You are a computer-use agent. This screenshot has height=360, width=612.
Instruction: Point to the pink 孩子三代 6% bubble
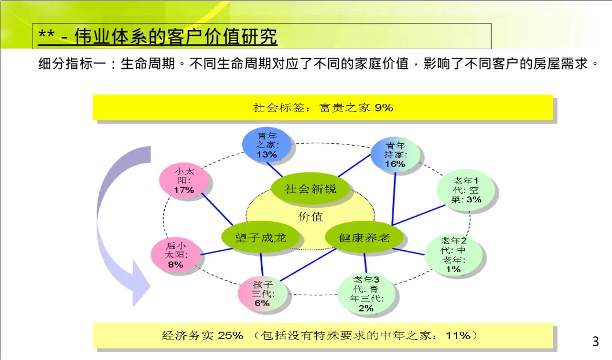tap(262, 294)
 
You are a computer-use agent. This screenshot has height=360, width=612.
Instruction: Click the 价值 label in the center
tap(311, 217)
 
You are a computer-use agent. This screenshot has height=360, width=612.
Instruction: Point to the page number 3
tap(595, 342)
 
